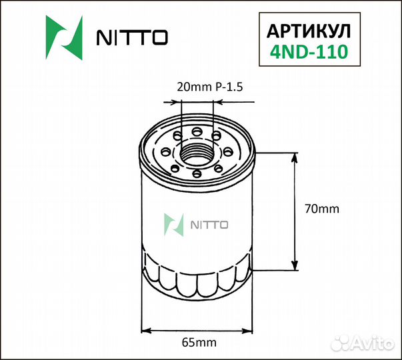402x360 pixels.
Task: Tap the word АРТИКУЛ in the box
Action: point(307,31)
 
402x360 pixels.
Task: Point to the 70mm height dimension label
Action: point(321,209)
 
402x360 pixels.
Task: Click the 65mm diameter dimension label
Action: point(198,343)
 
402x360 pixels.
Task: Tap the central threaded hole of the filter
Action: point(197,151)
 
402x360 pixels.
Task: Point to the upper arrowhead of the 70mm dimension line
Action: point(295,157)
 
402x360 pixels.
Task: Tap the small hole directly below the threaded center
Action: point(197,174)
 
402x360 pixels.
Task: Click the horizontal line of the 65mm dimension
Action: point(197,329)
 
